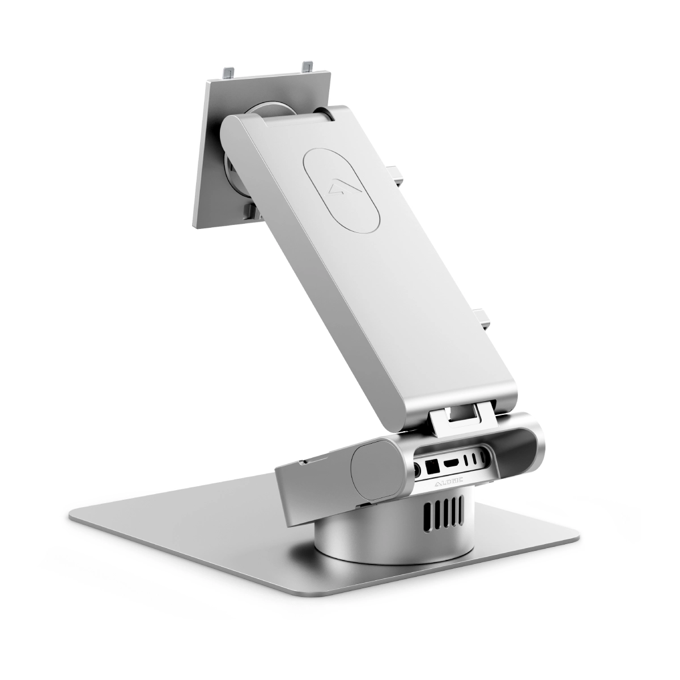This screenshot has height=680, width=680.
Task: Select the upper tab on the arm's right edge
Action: coord(397,173)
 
